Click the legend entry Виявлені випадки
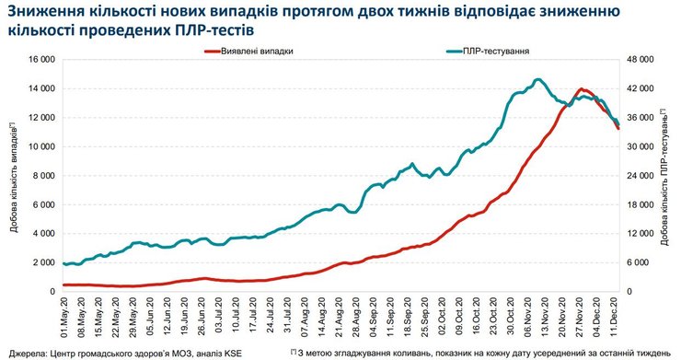click(258, 52)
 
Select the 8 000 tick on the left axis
click(42, 175)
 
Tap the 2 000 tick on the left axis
click(42, 262)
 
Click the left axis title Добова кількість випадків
click(14, 175)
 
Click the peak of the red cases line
click(582, 89)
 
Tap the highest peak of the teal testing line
click(538, 79)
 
